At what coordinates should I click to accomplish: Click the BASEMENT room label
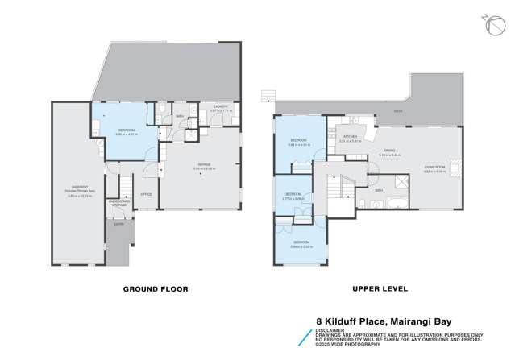coord(77,190)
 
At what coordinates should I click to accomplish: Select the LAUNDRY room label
coord(218,106)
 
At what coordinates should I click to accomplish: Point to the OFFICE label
coord(146,194)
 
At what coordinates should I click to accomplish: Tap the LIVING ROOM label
coord(436,167)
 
